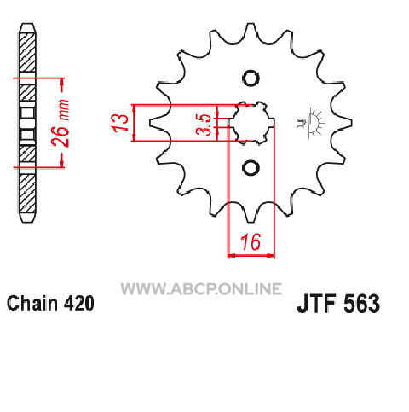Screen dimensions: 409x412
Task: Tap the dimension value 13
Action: [120, 123]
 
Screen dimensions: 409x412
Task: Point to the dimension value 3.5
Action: [204, 125]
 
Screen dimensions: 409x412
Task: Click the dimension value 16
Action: [251, 241]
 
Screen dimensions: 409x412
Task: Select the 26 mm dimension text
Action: [60, 123]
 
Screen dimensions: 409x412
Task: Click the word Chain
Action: [32, 304]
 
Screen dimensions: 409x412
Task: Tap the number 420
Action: [78, 304]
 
